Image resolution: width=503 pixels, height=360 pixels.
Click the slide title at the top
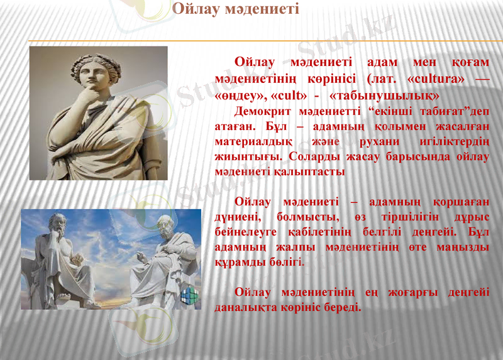(235, 9)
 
